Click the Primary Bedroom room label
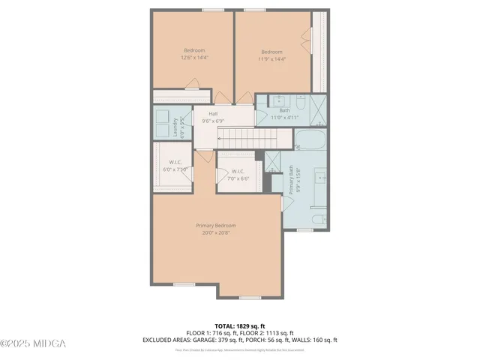click(x=216, y=226)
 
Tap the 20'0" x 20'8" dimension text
click(x=216, y=232)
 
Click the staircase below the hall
click(x=242, y=138)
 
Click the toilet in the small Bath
click(x=300, y=101)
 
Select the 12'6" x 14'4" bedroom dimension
click(x=194, y=58)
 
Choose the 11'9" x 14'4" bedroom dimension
click(x=271, y=58)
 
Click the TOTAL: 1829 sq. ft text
click(x=239, y=326)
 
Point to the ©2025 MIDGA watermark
click(x=33, y=344)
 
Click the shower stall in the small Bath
click(x=318, y=109)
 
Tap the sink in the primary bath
click(x=319, y=178)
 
